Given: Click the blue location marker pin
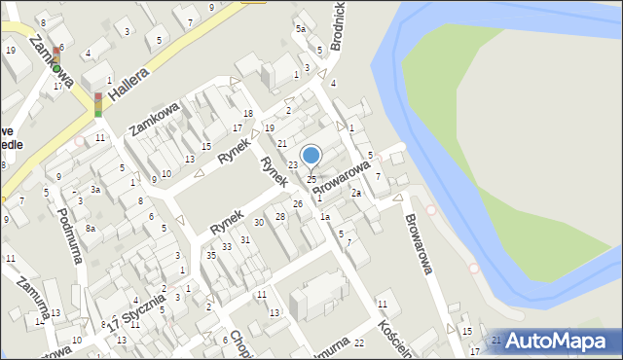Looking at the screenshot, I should pos(311,156).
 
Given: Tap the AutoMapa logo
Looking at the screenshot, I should pos(556,341).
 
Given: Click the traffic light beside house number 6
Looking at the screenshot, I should pos(56,60).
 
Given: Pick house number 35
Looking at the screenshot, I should pos(211,255).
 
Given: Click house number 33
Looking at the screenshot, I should pos(227,247).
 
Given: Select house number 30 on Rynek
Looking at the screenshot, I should pos(259,223).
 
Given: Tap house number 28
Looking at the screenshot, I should pos(280,215).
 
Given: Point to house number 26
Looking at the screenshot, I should pos(298,203).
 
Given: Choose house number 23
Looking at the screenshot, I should pos(292,165).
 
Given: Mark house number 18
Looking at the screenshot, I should pos(248,114).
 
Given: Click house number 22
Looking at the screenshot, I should pos(359,342).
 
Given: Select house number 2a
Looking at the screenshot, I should pos(356,193).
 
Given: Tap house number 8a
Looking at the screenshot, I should pos(91,228).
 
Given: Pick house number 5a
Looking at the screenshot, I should pos(301,29).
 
